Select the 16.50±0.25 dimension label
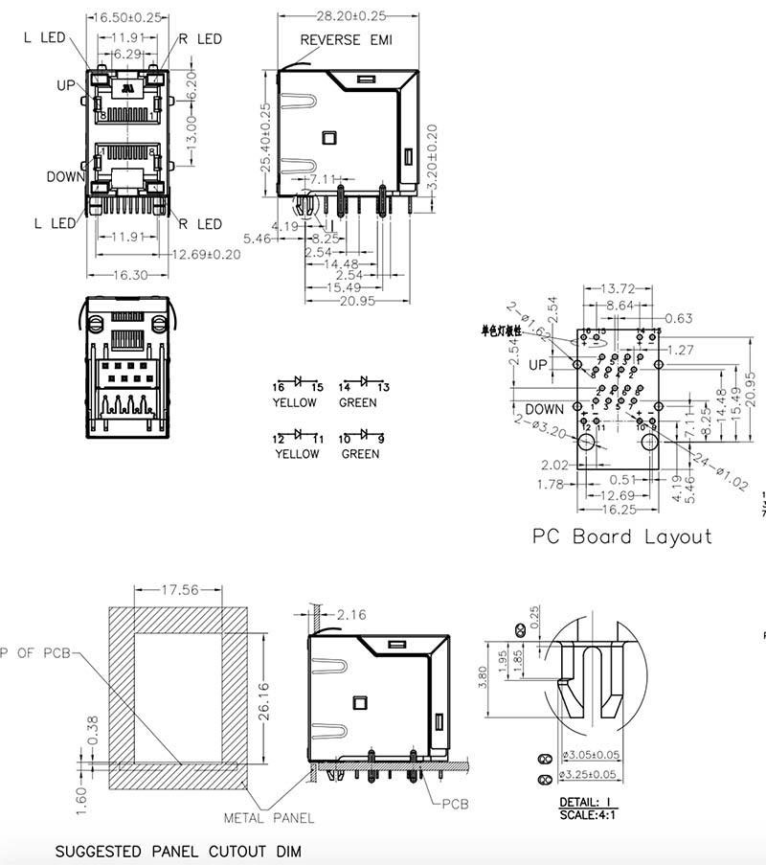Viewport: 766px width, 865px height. point(127,17)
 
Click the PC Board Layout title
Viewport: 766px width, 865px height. point(622,536)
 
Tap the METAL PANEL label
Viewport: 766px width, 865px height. point(268,818)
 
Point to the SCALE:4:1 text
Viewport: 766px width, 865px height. point(586,814)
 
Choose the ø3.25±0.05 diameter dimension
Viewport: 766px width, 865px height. point(591,775)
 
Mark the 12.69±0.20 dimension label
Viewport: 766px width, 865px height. point(206,254)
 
